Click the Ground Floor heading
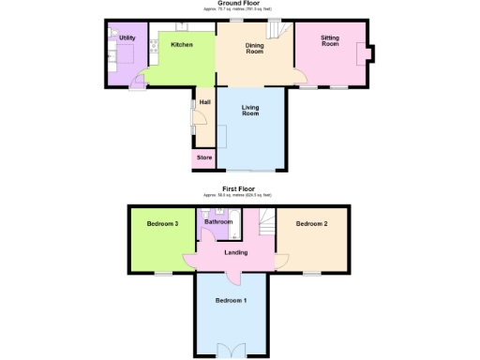[239, 4]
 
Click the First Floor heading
[238, 188]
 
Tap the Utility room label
[127, 37]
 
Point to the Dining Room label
[254, 49]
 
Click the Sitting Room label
[329, 41]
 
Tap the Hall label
[204, 102]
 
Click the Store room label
[204, 157]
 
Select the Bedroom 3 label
[162, 223]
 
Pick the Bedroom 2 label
[311, 223]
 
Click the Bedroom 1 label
[231, 300]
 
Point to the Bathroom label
[218, 222]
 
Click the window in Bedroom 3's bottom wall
[163, 273]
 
